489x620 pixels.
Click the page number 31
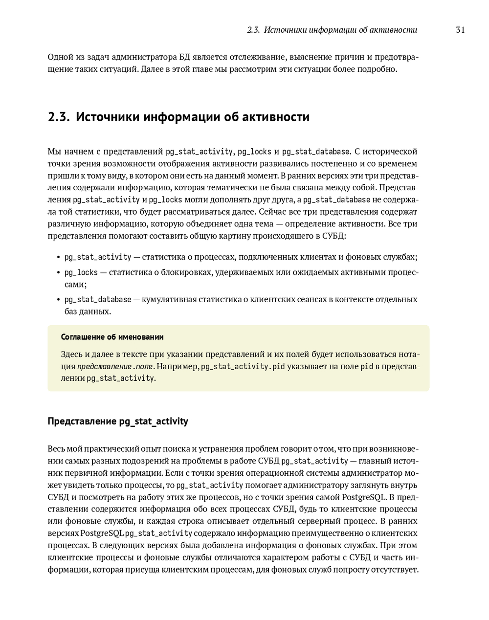(460, 30)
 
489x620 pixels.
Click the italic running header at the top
(332, 30)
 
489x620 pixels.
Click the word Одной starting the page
(60, 57)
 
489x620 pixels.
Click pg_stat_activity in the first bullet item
(98, 257)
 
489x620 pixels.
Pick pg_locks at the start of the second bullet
(81, 272)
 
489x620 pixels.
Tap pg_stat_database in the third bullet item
(98, 299)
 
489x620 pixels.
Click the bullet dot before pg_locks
(58, 273)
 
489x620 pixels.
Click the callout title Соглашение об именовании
(112, 337)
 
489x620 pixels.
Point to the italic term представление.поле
(115, 367)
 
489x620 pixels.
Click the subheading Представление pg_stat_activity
(118, 421)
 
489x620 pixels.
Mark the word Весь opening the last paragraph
(56, 449)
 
